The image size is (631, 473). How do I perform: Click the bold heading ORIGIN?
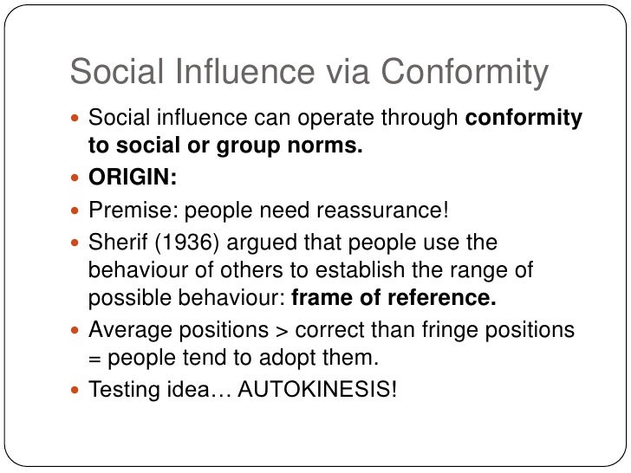(133, 178)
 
